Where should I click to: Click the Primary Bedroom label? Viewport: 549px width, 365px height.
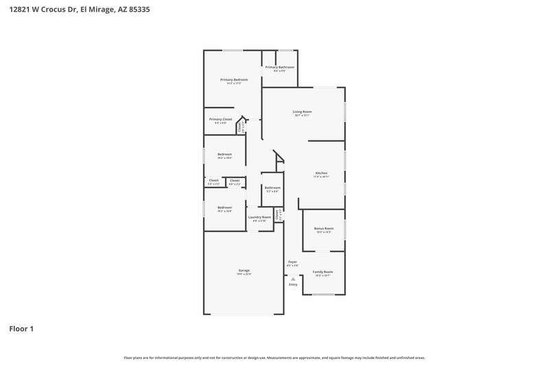coord(234,79)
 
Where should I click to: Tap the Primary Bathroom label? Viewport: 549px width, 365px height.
coord(280,67)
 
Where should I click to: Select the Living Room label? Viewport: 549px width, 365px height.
coord(302,112)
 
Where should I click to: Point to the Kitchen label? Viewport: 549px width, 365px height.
coord(321,173)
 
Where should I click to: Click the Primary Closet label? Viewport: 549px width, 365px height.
coord(221,119)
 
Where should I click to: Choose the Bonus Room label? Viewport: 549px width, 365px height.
coord(324,228)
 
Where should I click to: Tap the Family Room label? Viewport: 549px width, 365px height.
coord(323,272)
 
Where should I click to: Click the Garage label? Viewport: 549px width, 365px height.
coord(244,271)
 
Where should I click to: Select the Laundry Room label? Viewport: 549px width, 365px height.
coord(259,217)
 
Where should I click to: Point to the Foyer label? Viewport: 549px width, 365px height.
coord(292,262)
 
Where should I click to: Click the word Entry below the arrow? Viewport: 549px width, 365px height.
coord(293,285)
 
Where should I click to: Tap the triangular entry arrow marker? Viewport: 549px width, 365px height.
coord(293,279)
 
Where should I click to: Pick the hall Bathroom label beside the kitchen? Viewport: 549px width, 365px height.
coord(272,188)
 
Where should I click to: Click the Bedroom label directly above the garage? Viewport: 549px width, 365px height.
coord(224,207)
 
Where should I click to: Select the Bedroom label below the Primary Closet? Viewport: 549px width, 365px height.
coord(224,154)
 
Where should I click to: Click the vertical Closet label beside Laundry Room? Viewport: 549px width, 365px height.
coord(277,214)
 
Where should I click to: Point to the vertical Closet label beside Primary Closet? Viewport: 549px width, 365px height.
coord(240,127)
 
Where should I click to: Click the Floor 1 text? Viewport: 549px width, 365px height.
coord(21,329)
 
